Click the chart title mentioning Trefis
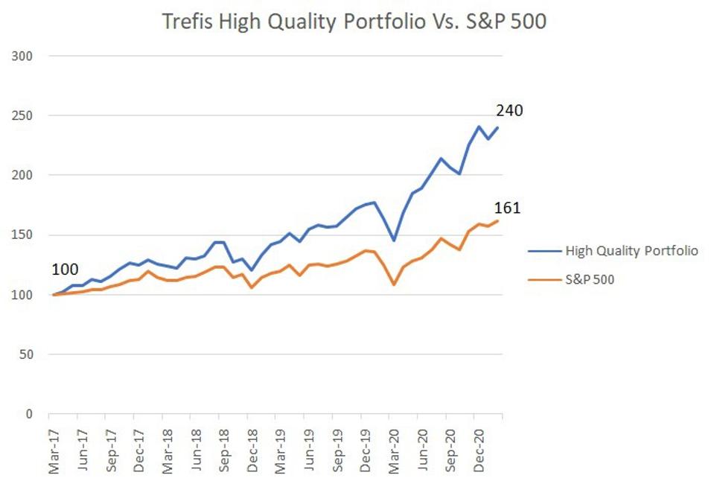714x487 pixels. point(354,22)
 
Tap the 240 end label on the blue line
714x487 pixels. point(509,111)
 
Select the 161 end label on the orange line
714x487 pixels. point(507,208)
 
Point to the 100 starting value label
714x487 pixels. point(64,269)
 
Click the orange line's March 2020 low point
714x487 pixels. point(394,284)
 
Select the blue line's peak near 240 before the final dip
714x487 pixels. point(478,127)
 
